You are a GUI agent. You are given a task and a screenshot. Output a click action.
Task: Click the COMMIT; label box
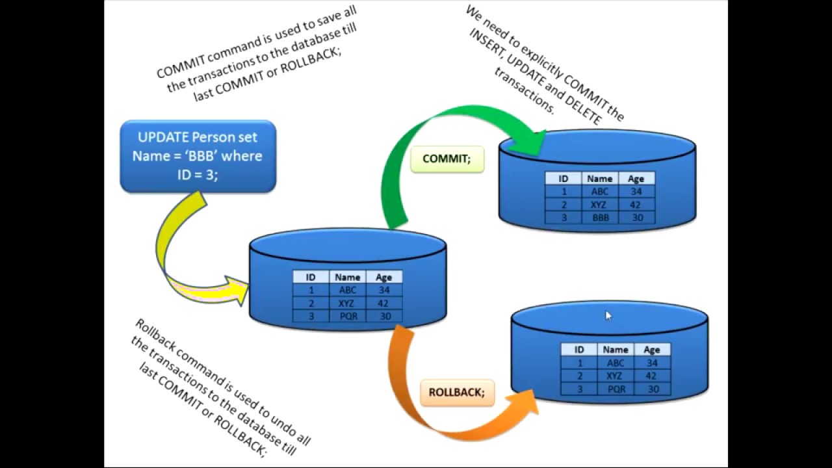[447, 159]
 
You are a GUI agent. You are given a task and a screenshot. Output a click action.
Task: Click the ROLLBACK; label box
[457, 393]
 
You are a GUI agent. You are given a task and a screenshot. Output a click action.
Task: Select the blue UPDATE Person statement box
[198, 156]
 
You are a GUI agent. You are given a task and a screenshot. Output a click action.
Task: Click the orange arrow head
[526, 402]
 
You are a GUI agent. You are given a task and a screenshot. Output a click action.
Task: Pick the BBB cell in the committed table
[600, 218]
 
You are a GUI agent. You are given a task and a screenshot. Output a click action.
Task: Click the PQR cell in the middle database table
[348, 317]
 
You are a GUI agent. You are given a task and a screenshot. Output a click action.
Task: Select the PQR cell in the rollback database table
[616, 389]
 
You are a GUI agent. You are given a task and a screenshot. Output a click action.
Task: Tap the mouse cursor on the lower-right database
[608, 316]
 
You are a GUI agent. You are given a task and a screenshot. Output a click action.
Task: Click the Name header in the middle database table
[348, 277]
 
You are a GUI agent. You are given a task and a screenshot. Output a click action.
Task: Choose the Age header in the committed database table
[636, 179]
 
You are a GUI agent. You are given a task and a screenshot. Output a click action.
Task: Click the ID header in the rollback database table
[578, 350]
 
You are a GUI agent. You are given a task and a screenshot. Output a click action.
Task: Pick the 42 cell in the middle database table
[384, 304]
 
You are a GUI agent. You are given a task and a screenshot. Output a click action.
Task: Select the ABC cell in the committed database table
[600, 192]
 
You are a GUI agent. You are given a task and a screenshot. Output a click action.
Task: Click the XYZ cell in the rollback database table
[615, 376]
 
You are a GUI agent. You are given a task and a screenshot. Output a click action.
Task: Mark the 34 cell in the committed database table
[636, 192]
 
